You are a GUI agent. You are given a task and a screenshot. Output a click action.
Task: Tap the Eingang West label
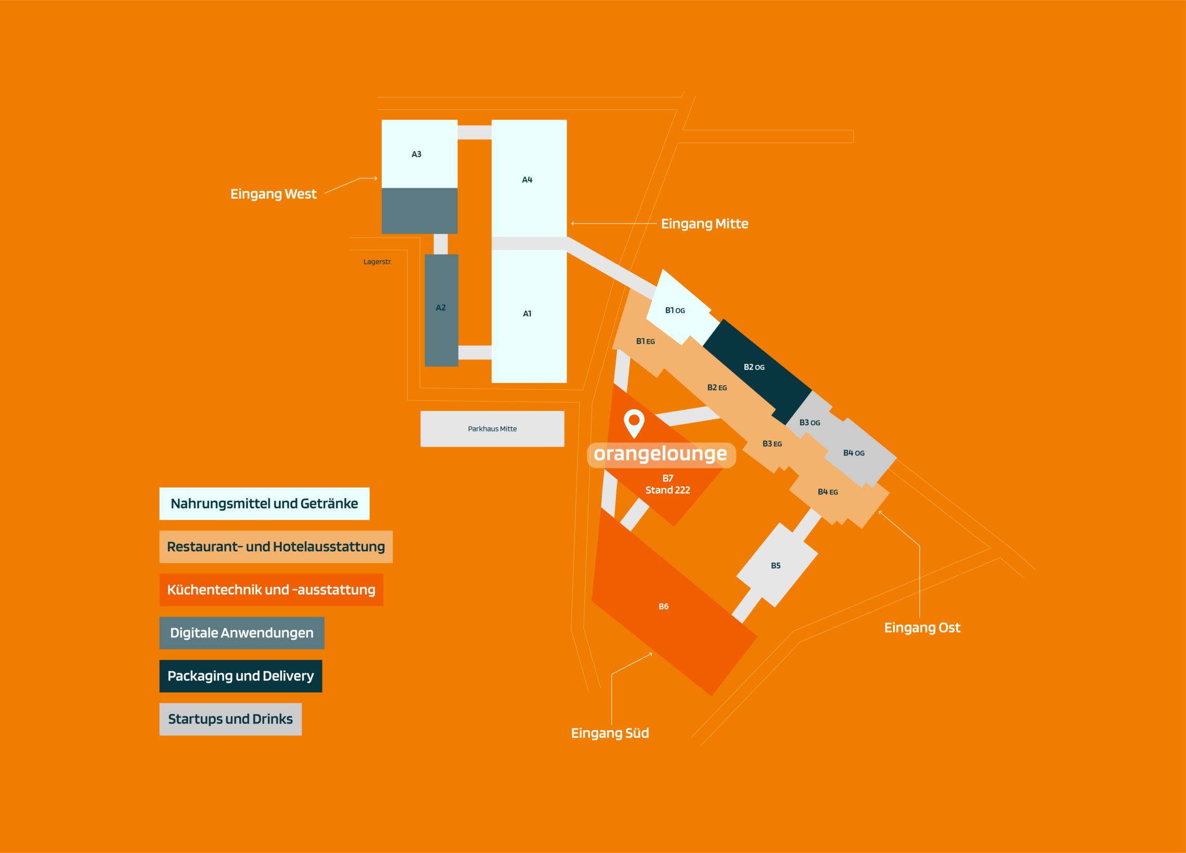coord(274,194)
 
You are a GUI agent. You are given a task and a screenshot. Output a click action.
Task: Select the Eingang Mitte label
coord(704,224)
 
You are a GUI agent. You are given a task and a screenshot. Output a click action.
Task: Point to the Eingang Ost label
coord(922,628)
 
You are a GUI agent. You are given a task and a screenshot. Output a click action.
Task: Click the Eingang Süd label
coord(610,733)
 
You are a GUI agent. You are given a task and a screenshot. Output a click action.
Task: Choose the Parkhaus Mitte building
coord(492,429)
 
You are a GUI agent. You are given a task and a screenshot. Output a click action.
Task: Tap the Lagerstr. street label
coord(378,262)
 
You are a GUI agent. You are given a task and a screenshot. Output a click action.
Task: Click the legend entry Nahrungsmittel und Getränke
coord(265,503)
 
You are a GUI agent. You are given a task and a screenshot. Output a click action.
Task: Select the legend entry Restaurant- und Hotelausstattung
coord(276,547)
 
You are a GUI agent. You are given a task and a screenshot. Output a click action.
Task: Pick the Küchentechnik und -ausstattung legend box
coord(272,590)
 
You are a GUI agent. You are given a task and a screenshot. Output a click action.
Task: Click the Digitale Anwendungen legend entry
coord(241,633)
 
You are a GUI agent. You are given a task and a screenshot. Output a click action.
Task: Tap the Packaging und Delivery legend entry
coord(240,676)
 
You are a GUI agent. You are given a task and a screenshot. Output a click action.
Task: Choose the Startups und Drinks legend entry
coord(230,719)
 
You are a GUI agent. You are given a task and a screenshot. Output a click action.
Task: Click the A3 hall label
coord(416,155)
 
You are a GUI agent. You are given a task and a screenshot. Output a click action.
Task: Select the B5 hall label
coord(776,566)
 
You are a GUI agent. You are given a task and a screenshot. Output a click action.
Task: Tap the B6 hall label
coord(664,606)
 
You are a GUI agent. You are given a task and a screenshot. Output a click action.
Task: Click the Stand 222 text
coord(668,490)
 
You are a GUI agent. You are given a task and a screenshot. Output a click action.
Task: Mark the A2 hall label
coord(441,308)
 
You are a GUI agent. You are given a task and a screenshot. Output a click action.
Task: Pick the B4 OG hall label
coord(854,453)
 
